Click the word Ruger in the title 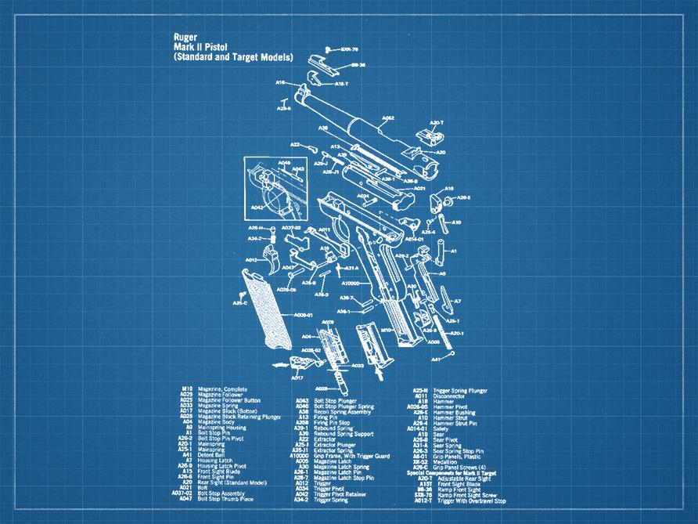coord(186,37)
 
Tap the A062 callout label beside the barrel coord(387,119)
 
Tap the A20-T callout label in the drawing coord(436,122)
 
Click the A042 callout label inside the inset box coord(257,208)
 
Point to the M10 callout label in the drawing coord(385,330)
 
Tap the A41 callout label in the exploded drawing coord(436,360)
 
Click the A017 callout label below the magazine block coord(298,378)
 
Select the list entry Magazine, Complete coord(222,389)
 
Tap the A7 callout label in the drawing coord(457,301)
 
